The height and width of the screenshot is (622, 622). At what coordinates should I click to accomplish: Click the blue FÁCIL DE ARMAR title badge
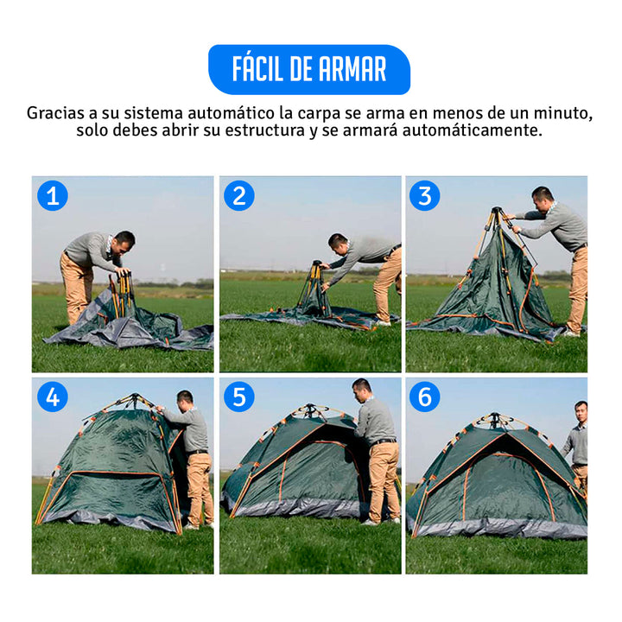tap(309, 69)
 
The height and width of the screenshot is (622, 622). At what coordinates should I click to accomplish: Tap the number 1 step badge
tap(52, 196)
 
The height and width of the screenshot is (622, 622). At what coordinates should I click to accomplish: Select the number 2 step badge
tap(239, 196)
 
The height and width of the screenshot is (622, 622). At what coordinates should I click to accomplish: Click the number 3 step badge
tap(425, 196)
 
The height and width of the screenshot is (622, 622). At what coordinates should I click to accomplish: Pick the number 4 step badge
tap(52, 397)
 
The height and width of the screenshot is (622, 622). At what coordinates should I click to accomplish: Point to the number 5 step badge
tap(239, 397)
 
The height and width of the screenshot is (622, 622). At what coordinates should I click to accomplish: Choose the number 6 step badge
tap(425, 397)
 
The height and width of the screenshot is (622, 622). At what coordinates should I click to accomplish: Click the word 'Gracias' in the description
tap(55, 113)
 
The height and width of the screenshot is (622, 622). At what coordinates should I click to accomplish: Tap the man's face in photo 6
tap(581, 411)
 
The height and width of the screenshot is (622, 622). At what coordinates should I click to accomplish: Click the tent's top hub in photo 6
tap(496, 420)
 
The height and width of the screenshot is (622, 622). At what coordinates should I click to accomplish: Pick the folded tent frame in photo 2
tap(314, 289)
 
